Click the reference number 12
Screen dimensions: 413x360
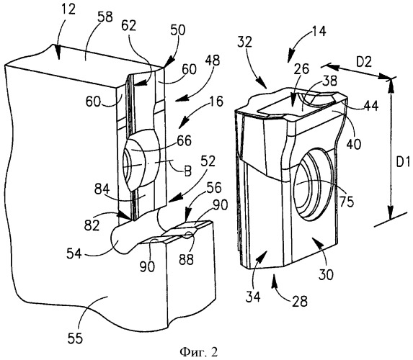coord(68,11)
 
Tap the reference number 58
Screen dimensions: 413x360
coord(104,17)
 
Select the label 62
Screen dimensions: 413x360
coord(129,26)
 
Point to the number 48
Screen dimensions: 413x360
coord(213,60)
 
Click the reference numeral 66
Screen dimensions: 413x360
coord(184,141)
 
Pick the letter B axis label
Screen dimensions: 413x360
coord(187,172)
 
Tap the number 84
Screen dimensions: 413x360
coord(102,189)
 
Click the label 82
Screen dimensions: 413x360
coord(92,225)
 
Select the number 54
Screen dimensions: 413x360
coord(74,254)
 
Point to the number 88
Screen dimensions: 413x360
coord(186,260)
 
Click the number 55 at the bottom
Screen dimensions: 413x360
coord(75,338)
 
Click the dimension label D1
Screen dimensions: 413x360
coord(403,163)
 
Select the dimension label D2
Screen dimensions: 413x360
coord(364,62)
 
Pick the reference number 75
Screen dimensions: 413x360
coord(347,202)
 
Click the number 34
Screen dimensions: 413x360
coord(253,297)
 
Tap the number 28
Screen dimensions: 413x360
coord(300,302)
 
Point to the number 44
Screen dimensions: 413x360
coord(371,106)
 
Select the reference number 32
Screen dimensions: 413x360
coord(244,42)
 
